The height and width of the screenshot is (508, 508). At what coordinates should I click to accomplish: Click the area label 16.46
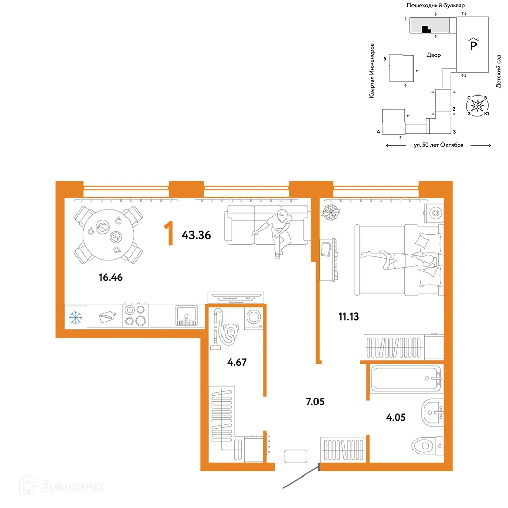click(110, 278)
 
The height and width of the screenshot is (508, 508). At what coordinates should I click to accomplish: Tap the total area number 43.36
click(196, 235)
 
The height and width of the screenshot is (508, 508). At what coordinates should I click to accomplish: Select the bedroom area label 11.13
click(348, 316)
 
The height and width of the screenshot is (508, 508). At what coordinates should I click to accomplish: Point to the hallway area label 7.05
click(315, 402)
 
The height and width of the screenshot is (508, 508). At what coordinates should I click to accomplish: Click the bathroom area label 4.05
click(396, 417)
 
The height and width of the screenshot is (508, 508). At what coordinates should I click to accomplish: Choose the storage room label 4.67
click(237, 362)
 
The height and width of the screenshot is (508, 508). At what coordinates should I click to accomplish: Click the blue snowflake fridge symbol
click(76, 317)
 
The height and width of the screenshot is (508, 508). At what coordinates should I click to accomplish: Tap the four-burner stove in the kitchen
click(136, 315)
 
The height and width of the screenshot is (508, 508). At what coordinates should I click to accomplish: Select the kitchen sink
click(186, 315)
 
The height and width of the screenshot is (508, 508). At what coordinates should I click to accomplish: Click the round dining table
click(108, 235)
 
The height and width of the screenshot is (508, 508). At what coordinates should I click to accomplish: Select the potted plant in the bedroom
click(331, 212)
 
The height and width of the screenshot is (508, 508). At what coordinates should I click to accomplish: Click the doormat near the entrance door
click(296, 456)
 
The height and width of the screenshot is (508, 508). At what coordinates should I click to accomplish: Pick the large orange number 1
click(168, 234)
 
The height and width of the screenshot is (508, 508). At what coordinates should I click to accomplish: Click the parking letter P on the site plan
click(473, 44)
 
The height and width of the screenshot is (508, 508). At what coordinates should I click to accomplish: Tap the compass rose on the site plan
click(477, 105)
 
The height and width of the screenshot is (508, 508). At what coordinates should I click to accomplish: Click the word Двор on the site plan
click(434, 55)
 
